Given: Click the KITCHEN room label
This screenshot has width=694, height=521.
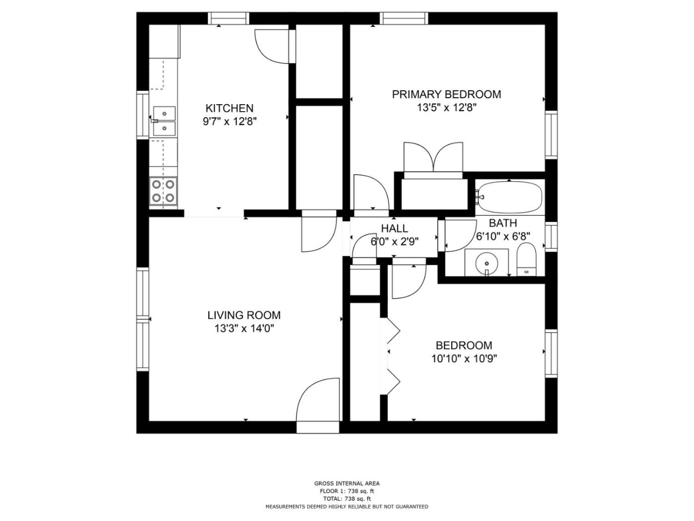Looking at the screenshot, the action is coord(229,108).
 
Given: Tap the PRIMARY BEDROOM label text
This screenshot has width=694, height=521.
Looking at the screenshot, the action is coord(447,94).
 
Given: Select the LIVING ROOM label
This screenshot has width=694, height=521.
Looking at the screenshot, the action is coord(244,315).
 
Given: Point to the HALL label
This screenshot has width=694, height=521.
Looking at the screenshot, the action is coord(394,228).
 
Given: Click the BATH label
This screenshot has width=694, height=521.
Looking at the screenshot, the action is coord(503,223).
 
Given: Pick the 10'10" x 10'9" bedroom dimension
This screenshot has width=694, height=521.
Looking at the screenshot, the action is coord(464,359).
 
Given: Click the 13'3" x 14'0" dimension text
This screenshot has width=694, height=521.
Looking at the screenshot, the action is coord(244,328).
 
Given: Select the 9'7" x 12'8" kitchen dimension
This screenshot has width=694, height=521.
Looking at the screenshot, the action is coord(229,122).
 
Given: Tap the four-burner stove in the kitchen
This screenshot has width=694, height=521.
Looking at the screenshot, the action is coord(163,191).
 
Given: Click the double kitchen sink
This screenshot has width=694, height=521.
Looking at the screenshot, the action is coord(164,121).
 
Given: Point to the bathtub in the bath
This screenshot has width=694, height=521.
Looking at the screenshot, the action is coord(510,197).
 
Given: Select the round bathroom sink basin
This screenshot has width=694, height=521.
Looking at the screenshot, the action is coord(487,263).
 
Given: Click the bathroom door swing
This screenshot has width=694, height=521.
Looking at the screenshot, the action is coord(460,235).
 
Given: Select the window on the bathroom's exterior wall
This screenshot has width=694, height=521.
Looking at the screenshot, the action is coord(551,237).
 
